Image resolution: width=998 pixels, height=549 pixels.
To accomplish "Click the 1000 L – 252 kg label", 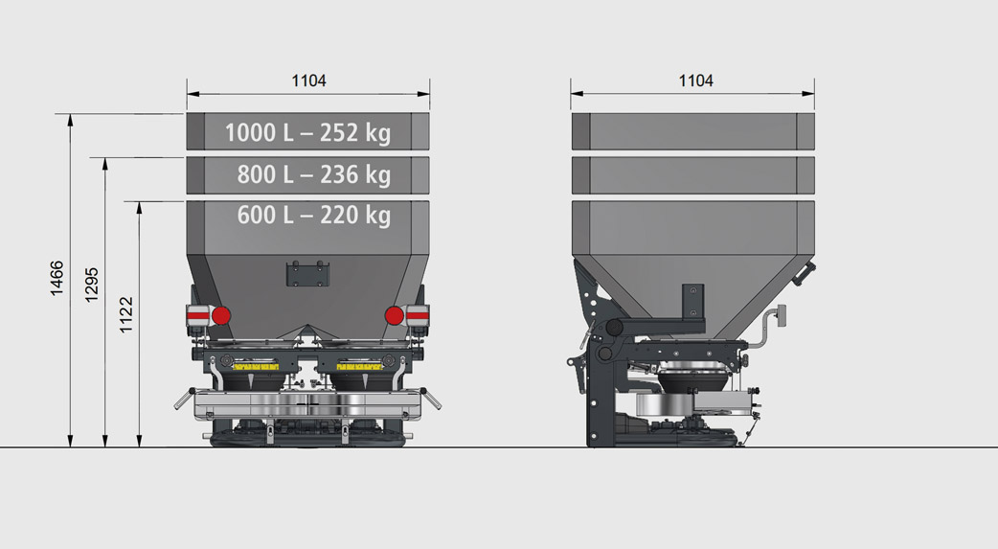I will click(x=307, y=132).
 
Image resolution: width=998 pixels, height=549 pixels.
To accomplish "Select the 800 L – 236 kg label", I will click(x=314, y=174).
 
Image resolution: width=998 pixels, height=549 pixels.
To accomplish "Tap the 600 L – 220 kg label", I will click(x=314, y=216).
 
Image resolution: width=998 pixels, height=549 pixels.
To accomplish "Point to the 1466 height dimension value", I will click(x=57, y=279).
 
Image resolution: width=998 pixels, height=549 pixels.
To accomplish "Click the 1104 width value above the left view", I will click(x=308, y=81).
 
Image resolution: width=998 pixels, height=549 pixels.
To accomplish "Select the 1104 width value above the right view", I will click(x=695, y=81).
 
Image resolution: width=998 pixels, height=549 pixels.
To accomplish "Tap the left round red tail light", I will click(x=220, y=315).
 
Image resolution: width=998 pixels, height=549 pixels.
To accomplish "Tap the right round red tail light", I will click(x=394, y=315).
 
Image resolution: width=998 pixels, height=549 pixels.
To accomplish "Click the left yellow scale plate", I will click(x=256, y=366).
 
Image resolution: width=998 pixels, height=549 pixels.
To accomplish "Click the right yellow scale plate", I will click(x=359, y=366).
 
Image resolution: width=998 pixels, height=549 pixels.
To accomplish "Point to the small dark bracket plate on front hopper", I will click(x=307, y=274).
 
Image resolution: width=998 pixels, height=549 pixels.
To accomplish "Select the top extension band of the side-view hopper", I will click(x=692, y=131).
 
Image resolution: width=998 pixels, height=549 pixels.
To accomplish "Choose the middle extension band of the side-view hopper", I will click(x=692, y=173).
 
